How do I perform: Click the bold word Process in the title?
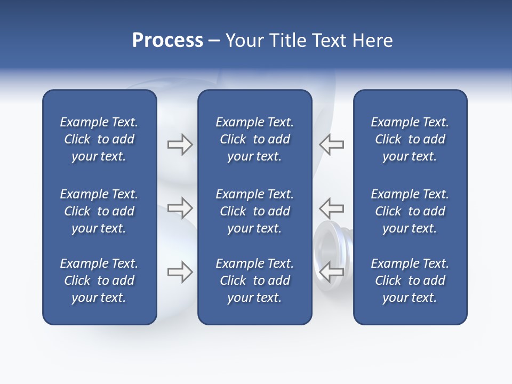pyautogui.click(x=167, y=41)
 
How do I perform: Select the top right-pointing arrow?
pyautogui.click(x=180, y=145)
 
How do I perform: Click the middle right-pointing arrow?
pyautogui.click(x=180, y=207)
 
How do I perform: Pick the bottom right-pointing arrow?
pyautogui.click(x=180, y=272)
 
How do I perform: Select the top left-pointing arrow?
pyautogui.click(x=332, y=145)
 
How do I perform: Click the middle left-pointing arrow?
pyautogui.click(x=332, y=207)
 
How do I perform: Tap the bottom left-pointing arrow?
pyautogui.click(x=332, y=272)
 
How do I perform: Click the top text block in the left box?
pyautogui.click(x=99, y=139)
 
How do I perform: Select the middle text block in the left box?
pyautogui.click(x=99, y=211)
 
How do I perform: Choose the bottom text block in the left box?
pyautogui.click(x=99, y=281)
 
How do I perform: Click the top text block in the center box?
pyautogui.click(x=254, y=139)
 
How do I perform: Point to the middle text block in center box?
pyautogui.click(x=254, y=211)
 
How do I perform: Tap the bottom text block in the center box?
pyautogui.click(x=254, y=281)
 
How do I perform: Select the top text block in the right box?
pyautogui.click(x=410, y=139)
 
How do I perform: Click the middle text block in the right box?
pyautogui.click(x=410, y=211)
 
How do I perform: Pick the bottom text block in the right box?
pyautogui.click(x=410, y=281)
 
